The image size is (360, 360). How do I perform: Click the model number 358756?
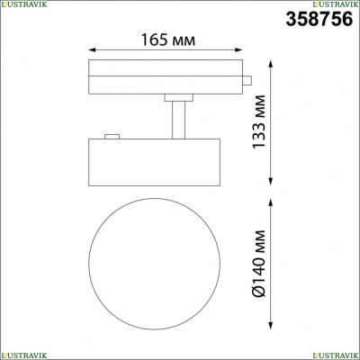tap(319, 19)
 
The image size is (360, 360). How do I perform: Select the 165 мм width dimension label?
tap(168, 40)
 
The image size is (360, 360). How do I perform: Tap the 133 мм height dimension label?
tap(258, 121)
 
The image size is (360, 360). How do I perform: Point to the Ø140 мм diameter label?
tap(258, 264)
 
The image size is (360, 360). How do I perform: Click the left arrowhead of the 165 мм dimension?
tap(93, 49)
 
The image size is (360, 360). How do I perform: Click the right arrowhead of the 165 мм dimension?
tap(238, 49)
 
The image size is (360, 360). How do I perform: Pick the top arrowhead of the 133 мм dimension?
tap(271, 64)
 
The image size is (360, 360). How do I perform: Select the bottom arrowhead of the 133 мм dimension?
tap(271, 181)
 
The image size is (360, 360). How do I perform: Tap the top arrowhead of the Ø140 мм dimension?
tap(271, 202)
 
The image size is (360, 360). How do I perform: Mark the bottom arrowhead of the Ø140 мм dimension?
tap(271, 326)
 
